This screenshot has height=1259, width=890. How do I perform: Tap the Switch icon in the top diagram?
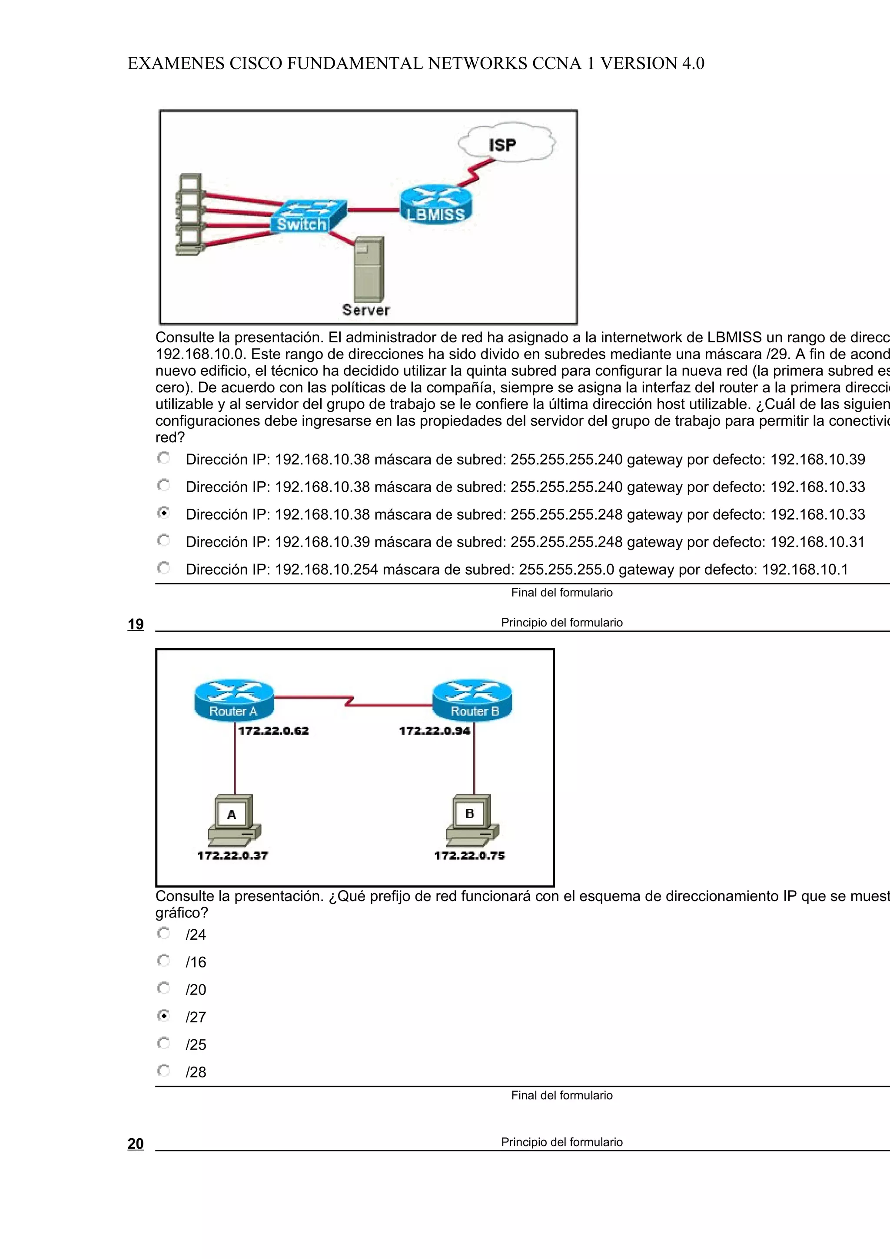(308, 216)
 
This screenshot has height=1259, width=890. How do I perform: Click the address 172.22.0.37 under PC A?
(232, 855)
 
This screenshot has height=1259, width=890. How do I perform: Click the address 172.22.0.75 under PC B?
(469, 855)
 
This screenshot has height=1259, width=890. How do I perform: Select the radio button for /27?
(163, 1016)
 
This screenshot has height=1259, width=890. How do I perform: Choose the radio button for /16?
(163, 960)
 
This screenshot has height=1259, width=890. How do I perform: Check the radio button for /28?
(163, 1070)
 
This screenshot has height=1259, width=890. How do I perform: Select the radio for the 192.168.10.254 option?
(163, 568)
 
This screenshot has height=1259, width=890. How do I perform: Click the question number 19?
(136, 624)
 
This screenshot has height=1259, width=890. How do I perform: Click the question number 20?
(136, 1143)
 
